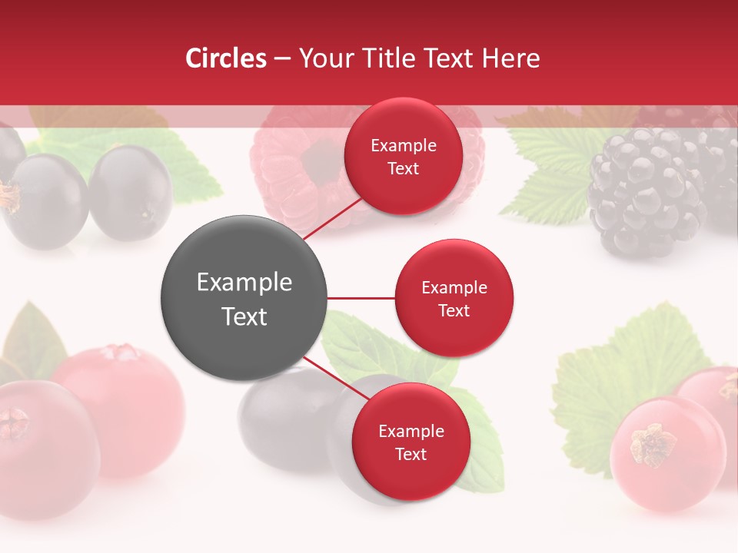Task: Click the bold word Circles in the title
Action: click(226, 58)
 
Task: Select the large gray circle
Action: click(244, 298)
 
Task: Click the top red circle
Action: click(404, 156)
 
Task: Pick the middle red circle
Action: click(454, 298)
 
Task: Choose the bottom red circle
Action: click(411, 442)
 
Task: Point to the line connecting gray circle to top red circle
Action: click(332, 219)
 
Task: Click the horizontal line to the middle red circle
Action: click(361, 298)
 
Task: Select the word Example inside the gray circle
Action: click(244, 283)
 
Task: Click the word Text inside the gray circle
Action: click(244, 316)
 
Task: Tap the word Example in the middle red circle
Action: click(454, 288)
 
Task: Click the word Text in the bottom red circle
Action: click(411, 454)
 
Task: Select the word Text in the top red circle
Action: click(404, 168)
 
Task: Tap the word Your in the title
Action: click(322, 58)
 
